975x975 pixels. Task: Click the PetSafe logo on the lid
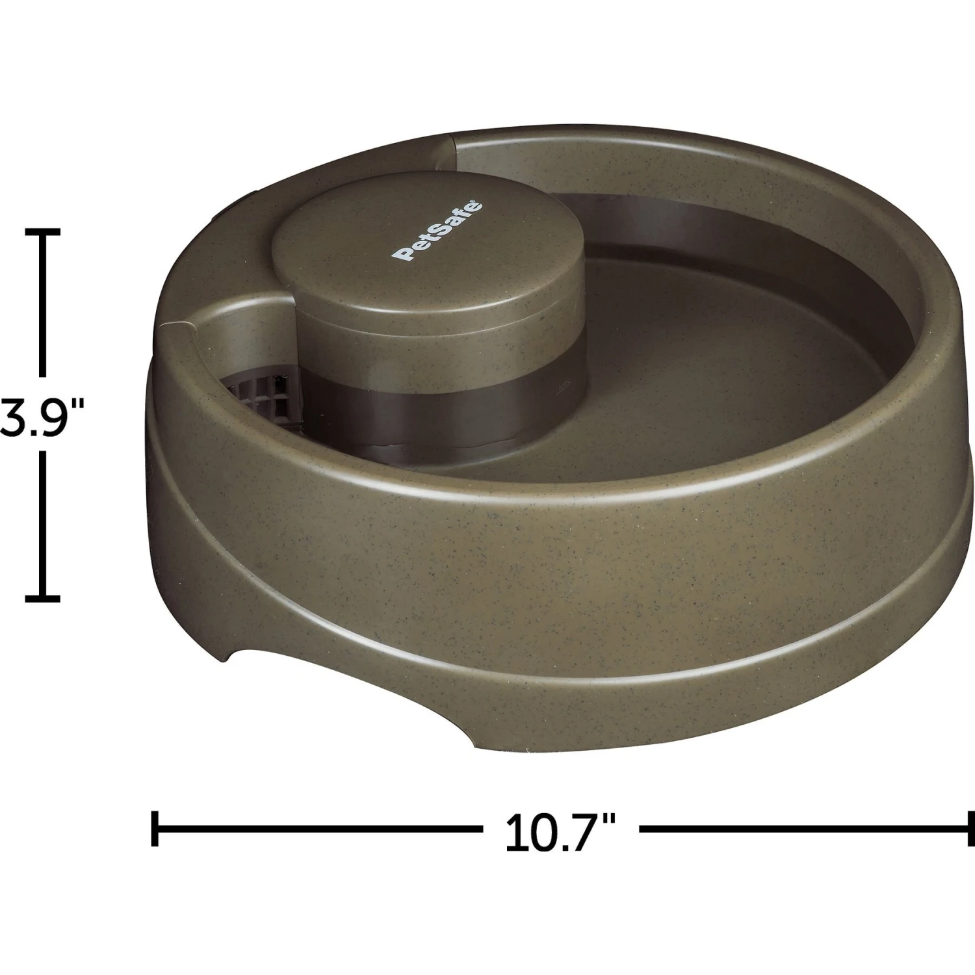[439, 231]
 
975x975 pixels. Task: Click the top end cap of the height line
[43, 231]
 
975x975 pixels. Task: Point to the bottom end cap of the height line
[43, 596]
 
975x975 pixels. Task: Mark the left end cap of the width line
[155, 829]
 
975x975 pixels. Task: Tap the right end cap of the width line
[970, 829]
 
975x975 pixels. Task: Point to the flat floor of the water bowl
[650, 403]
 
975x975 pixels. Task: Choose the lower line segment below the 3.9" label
[43, 523]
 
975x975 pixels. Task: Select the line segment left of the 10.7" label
[318, 829]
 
